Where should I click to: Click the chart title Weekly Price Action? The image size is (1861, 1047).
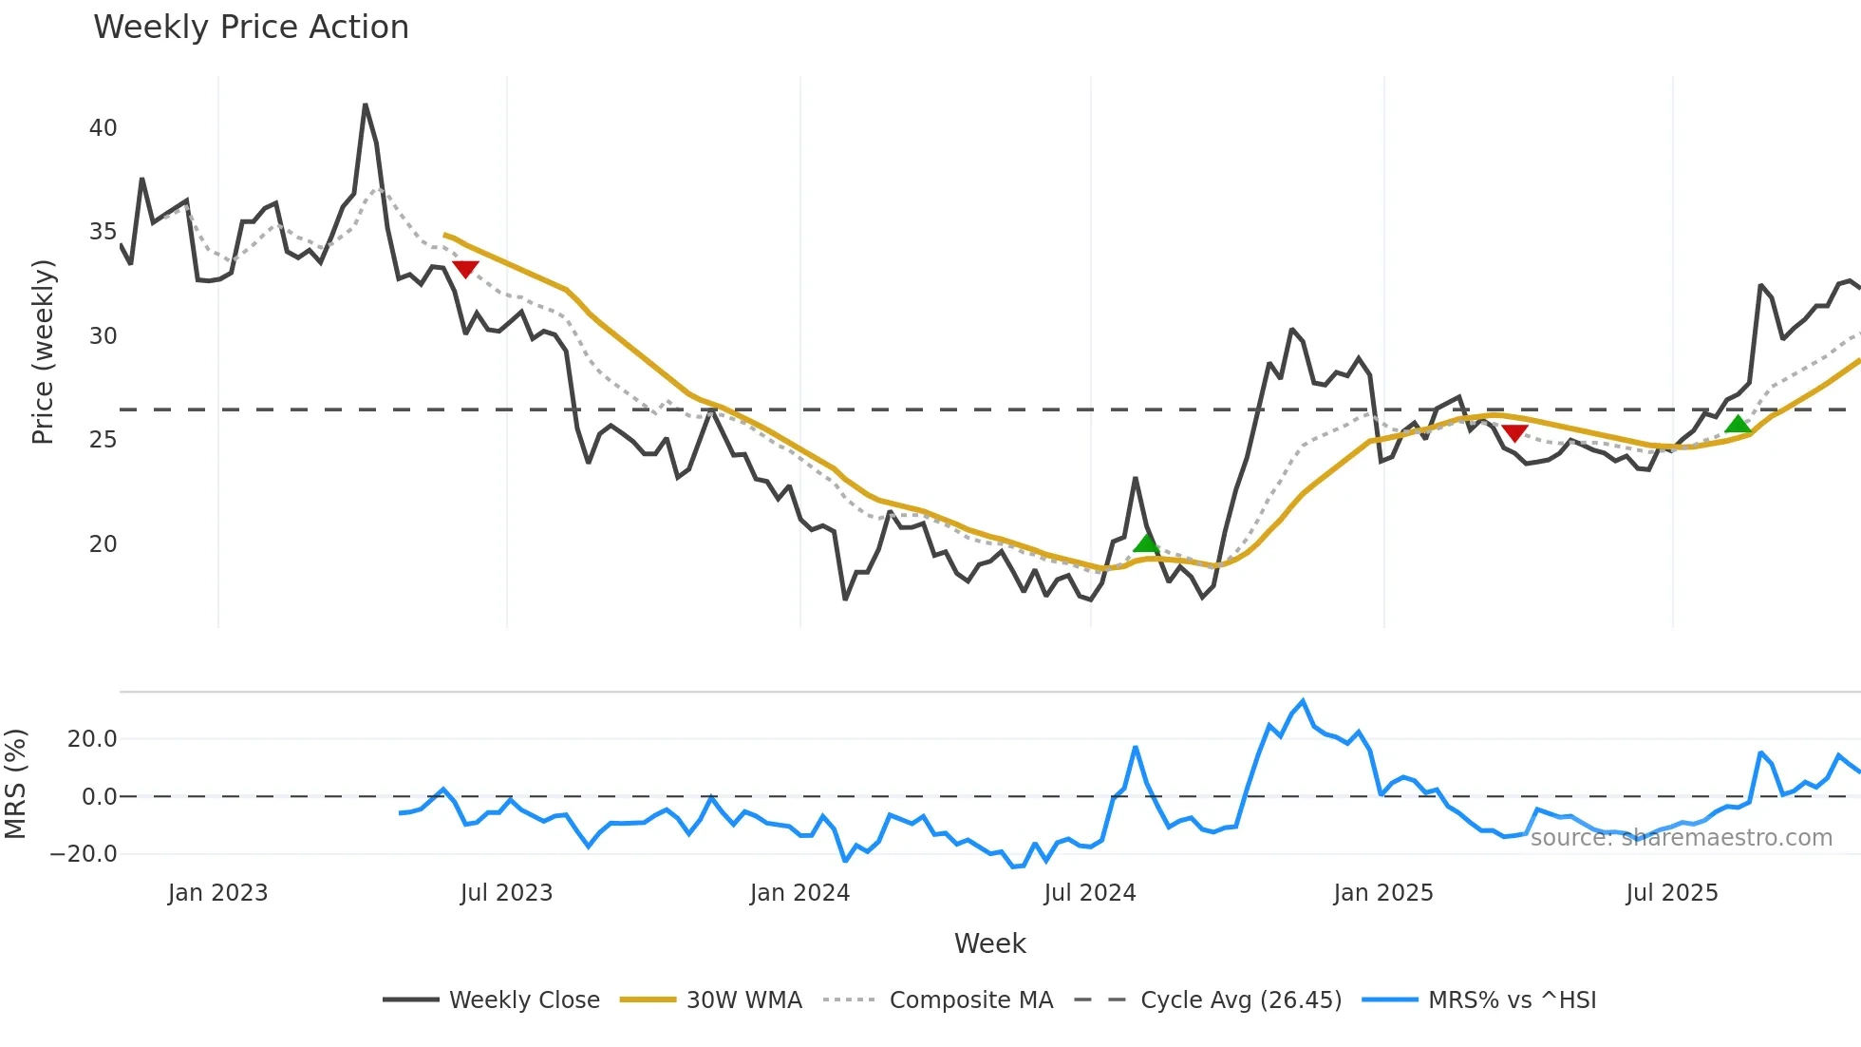tap(251, 28)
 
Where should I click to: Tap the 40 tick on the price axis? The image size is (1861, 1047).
tap(103, 128)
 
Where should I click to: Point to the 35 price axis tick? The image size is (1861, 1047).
tap(103, 232)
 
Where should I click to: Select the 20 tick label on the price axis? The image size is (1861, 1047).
tap(103, 544)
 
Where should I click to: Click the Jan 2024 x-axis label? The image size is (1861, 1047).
tap(799, 893)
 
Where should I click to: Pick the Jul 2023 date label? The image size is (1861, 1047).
tap(506, 893)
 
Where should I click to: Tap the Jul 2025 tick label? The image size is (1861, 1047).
tap(1672, 893)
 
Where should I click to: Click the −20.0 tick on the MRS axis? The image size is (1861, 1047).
tap(84, 854)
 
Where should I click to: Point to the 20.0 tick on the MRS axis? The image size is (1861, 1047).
tap(92, 739)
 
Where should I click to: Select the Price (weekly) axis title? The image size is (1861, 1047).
tap(43, 352)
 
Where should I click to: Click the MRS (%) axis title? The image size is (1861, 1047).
tap(16, 784)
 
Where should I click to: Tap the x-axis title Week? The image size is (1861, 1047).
tap(989, 943)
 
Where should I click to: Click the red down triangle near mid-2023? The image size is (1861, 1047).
tap(465, 269)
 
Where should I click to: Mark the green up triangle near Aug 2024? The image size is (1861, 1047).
tap(1146, 543)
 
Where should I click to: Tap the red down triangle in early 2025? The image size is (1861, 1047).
tap(1514, 433)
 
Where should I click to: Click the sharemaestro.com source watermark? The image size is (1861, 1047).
tap(1681, 838)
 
